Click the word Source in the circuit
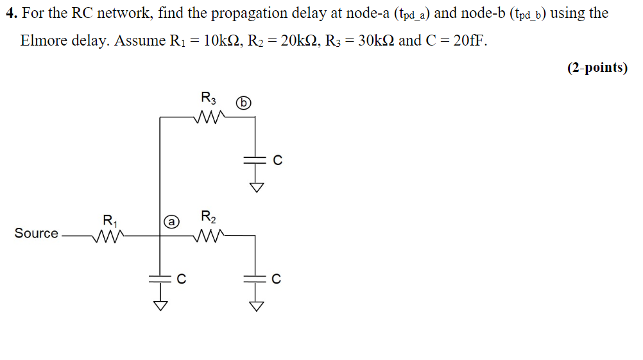tap(36, 234)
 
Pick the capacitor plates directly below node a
tap(159, 278)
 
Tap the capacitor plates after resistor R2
tap(255, 278)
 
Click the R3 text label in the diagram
tap(209, 99)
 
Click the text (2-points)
tap(597, 67)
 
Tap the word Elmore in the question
tap(44, 40)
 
